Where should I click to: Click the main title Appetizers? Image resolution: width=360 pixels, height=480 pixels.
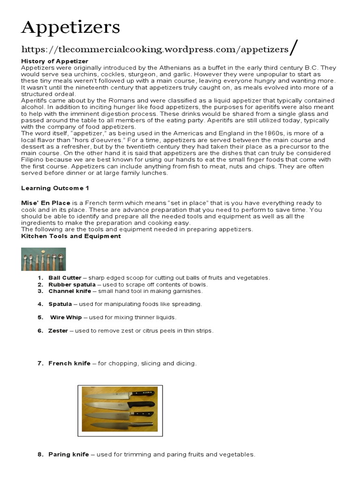71,28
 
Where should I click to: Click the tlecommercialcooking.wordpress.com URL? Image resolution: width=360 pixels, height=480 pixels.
155,49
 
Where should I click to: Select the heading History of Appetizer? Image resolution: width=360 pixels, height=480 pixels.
54,61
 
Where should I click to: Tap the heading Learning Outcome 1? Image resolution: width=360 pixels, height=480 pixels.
55,188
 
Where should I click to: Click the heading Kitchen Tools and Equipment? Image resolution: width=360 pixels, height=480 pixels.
71,236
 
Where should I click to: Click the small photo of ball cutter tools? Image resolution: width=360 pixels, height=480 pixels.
43,259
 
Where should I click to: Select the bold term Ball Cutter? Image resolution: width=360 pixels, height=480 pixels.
65,278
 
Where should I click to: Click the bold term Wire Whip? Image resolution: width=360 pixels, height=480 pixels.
66,317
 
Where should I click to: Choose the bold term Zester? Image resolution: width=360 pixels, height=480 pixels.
58,330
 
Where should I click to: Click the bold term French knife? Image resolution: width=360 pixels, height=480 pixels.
69,363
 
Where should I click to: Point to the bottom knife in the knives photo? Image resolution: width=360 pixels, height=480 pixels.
120,425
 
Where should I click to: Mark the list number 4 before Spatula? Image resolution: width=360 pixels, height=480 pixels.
41,304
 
